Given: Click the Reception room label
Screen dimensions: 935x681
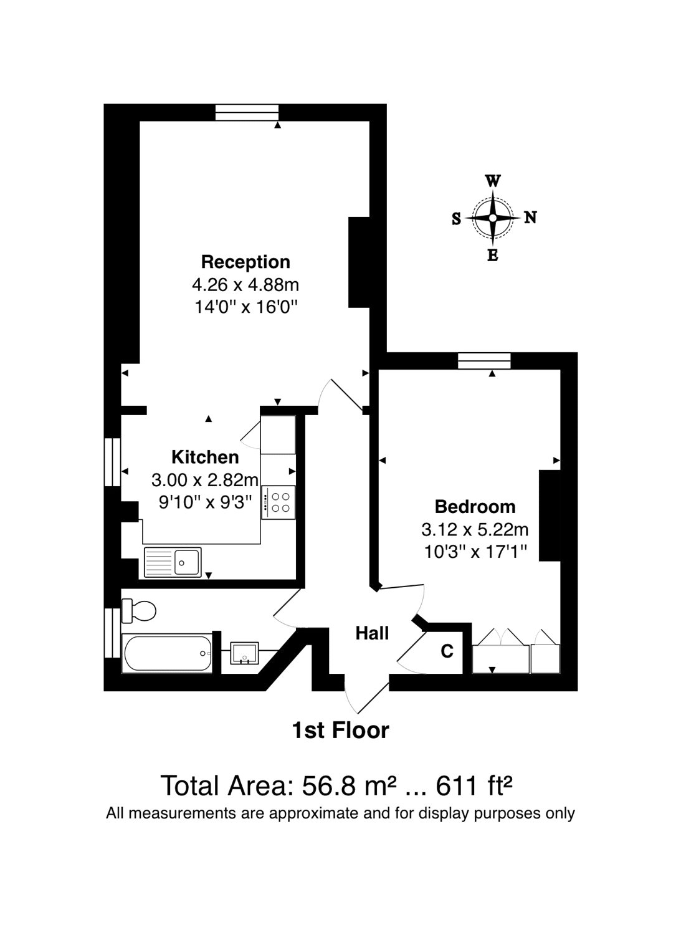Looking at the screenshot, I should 245,262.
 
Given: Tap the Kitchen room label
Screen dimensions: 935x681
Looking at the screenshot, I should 205,457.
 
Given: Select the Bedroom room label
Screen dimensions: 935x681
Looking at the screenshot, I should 475,506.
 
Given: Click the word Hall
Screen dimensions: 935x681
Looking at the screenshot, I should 372,633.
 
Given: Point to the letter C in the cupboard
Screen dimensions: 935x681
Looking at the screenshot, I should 447,651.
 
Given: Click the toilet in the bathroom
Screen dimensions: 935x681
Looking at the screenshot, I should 138,611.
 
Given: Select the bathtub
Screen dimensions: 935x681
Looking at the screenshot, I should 167,653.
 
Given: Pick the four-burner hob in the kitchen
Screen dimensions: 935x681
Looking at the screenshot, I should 279,502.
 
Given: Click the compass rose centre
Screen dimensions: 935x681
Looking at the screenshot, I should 493,218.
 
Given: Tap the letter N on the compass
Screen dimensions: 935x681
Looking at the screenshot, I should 530,218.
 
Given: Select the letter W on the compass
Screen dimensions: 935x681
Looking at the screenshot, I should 492,181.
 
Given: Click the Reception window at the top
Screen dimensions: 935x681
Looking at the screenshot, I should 247,112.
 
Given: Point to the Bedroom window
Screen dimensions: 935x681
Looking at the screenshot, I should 484,361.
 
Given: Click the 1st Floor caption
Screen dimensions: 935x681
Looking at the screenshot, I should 341,730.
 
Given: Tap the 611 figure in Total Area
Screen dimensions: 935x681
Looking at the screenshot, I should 457,785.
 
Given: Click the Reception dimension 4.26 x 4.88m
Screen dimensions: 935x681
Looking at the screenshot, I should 245,285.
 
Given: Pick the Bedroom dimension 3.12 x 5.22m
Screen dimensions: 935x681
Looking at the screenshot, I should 475,530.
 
